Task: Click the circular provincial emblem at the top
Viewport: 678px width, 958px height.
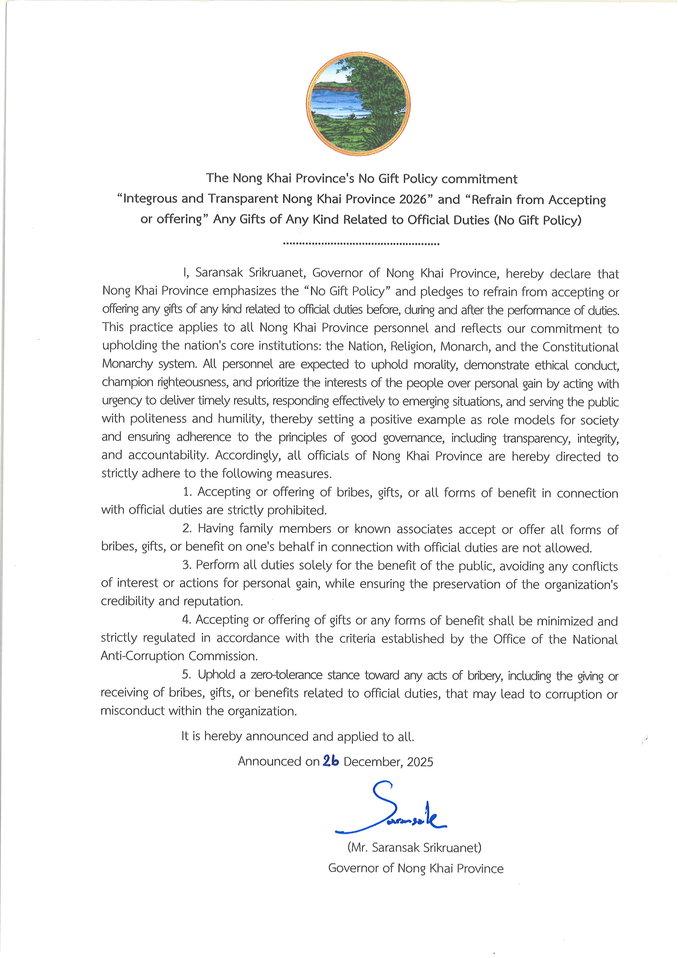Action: [x=358, y=104]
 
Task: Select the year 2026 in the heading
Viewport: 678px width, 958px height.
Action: [x=413, y=199]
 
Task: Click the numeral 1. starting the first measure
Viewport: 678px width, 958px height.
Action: [x=188, y=492]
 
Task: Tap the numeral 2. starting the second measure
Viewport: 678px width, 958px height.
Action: [x=187, y=529]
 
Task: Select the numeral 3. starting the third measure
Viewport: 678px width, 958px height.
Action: [x=187, y=565]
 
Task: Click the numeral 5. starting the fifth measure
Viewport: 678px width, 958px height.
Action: [x=187, y=675]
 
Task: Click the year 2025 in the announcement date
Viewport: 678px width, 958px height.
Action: [x=420, y=762]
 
